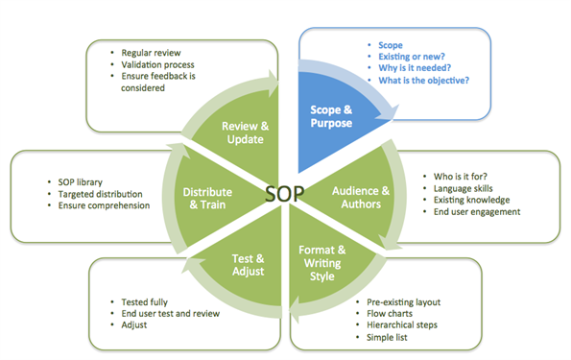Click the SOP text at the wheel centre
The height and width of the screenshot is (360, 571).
pos(284,193)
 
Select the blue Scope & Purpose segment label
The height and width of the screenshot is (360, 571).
pos(331,116)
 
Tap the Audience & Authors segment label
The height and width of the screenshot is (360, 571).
pos(361,197)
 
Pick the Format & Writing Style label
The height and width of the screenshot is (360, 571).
pos(322,263)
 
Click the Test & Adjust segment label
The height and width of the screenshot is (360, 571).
pos(248,265)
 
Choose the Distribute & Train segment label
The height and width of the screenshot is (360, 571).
pos(207,198)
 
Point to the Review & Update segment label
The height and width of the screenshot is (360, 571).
pos(245,132)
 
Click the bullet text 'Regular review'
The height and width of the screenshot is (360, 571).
pos(151,53)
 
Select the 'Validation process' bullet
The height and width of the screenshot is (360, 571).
pos(157,65)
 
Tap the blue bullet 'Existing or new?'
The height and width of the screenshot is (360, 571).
pos(412,57)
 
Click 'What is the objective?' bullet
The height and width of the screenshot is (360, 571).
pos(423,81)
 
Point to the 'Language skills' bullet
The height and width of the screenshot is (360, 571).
pos(463,188)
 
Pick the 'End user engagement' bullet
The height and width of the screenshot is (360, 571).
pos(477,212)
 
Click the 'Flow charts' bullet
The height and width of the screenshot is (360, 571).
pos(390,313)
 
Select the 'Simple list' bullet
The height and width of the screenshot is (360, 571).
pos(387,337)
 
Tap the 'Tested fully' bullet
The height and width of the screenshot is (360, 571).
pos(144,302)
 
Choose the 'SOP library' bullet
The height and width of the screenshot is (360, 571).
pos(80,182)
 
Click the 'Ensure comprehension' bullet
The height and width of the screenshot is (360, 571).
pos(104,205)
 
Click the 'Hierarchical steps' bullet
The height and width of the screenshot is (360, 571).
pos(402,324)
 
